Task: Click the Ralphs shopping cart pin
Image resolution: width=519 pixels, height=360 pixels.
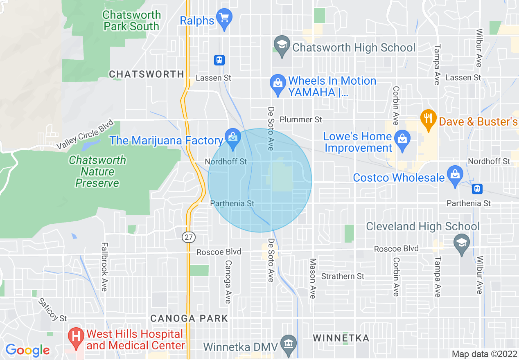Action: [224, 18]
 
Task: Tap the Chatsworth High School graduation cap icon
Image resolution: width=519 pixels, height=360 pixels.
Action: [282, 46]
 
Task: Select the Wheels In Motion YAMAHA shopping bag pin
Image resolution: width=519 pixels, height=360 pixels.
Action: [278, 84]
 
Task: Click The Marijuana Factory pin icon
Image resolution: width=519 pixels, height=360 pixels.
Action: [232, 138]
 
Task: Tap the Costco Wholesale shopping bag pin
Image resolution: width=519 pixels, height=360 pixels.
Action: [455, 175]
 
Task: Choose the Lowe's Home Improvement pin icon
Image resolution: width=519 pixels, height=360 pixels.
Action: [403, 139]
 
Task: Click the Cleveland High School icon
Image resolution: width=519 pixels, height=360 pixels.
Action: [462, 243]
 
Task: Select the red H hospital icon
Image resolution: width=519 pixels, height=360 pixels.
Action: [76, 338]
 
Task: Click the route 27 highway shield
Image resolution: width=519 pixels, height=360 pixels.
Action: [190, 237]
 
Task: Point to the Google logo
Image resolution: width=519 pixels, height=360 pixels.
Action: [27, 350]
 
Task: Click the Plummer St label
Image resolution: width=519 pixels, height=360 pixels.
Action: [301, 119]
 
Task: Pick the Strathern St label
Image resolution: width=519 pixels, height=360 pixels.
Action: [343, 277]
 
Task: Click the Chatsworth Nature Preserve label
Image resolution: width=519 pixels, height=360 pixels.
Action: [97, 171]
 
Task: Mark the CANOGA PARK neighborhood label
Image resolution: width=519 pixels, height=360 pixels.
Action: [189, 318]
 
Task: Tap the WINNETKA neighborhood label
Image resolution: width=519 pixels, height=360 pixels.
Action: [341, 338]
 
